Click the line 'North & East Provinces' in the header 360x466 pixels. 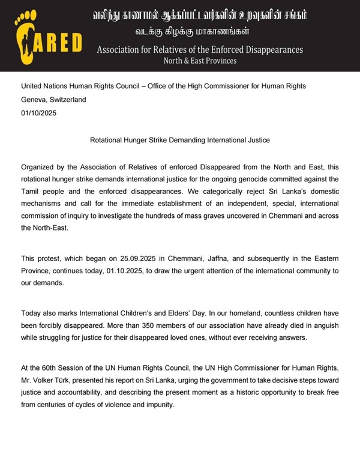click(x=200, y=61)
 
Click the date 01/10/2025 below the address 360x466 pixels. click(x=39, y=113)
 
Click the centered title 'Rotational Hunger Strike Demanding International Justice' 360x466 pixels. click(x=180, y=140)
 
